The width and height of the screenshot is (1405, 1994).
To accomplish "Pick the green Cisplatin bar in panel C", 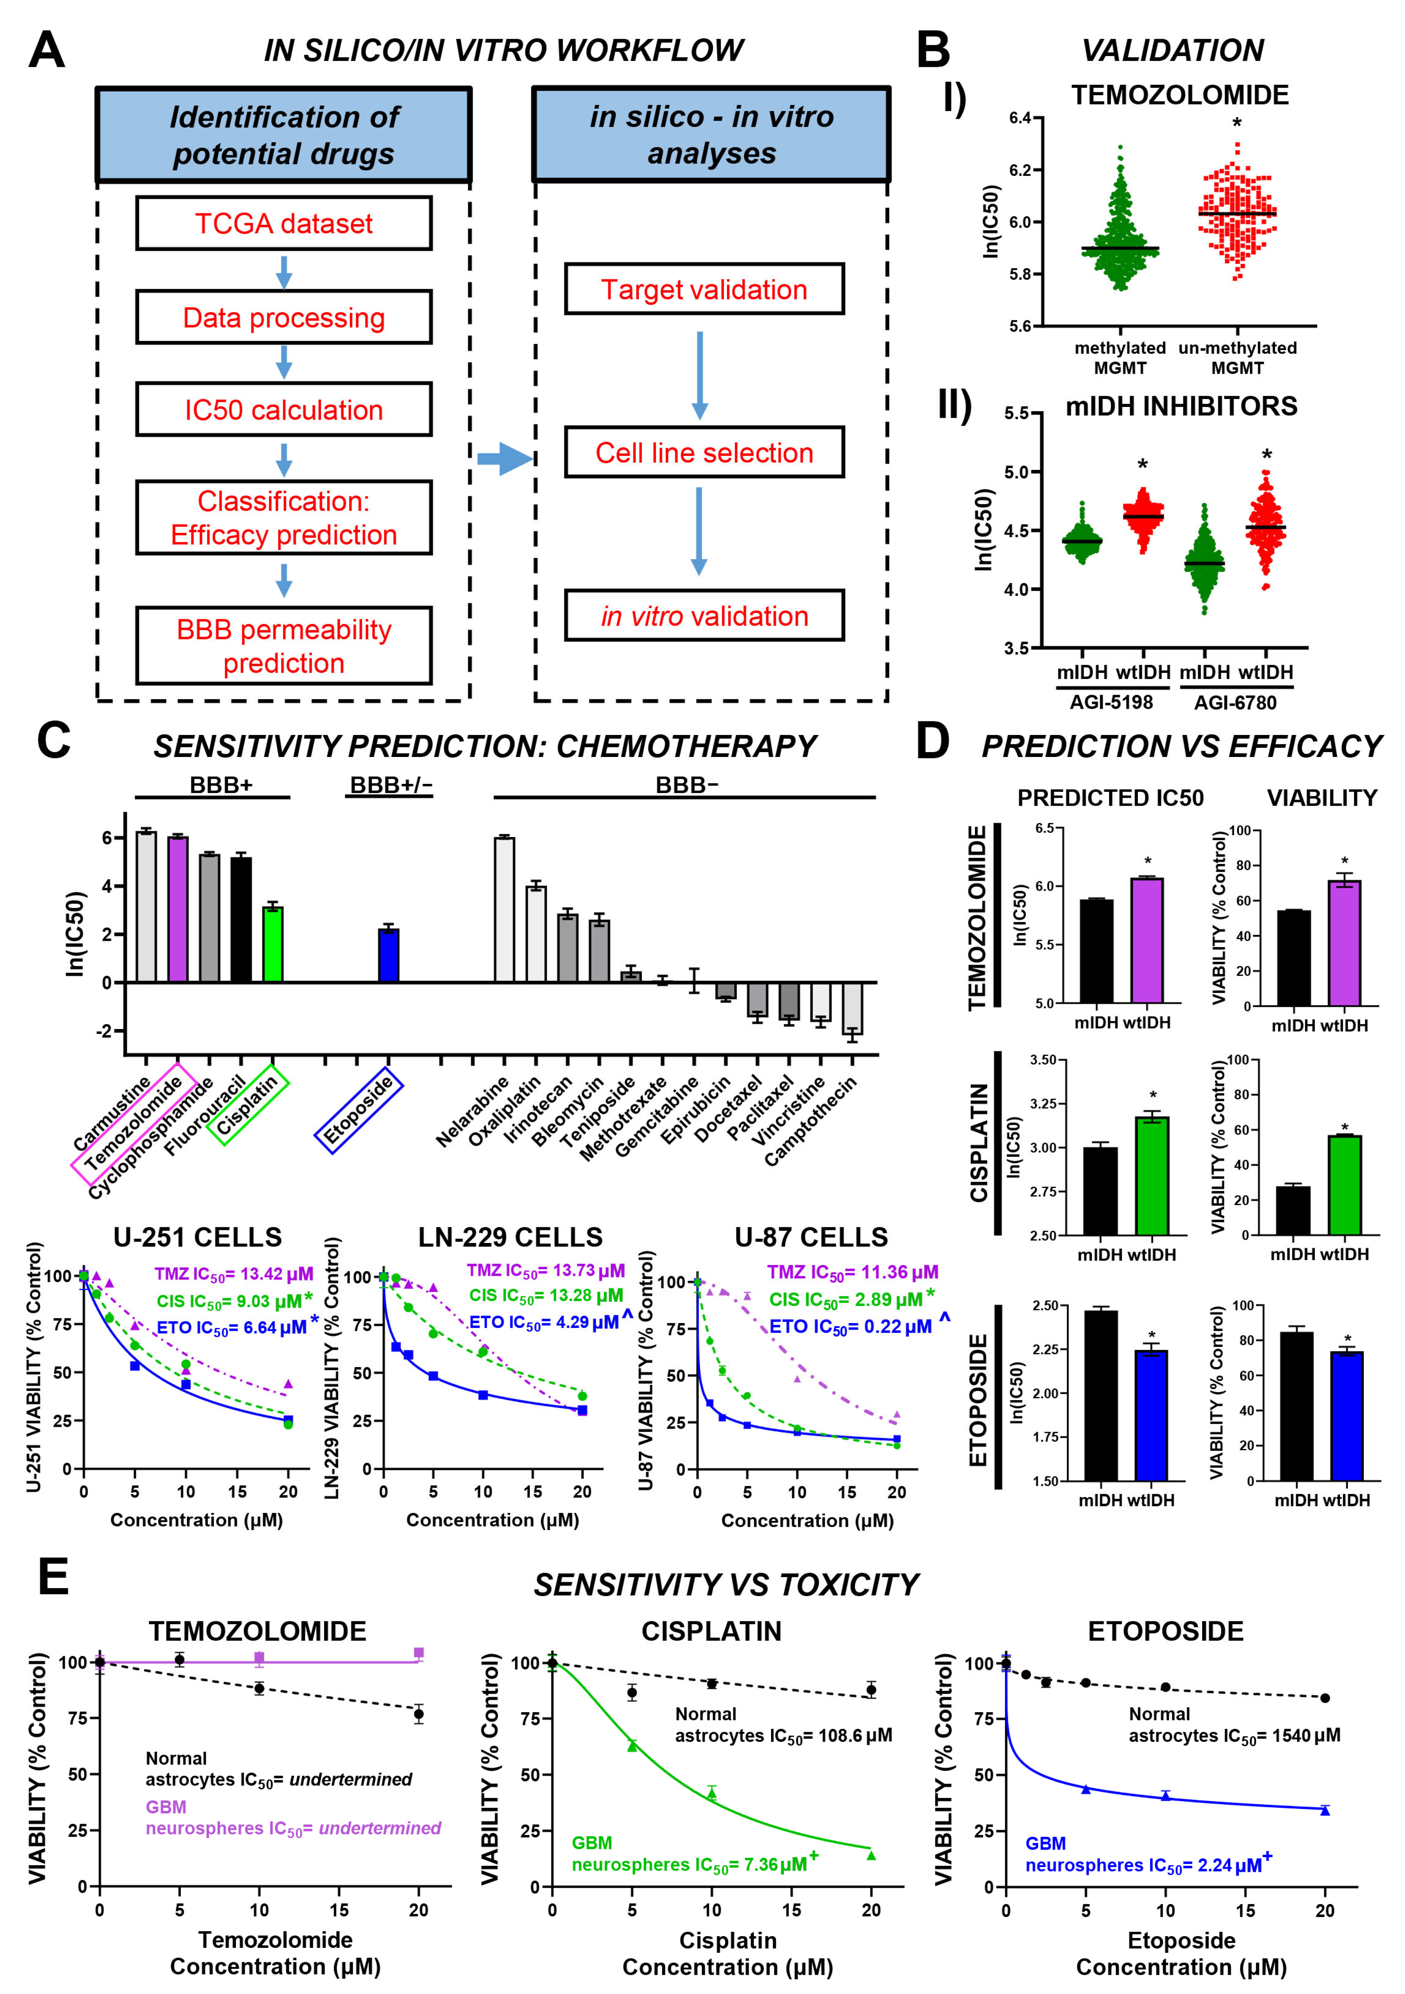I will point(273,944).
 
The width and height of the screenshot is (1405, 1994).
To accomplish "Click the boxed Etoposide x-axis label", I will point(359,1110).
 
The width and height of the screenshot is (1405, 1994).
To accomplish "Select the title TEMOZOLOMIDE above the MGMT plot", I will point(1179,95).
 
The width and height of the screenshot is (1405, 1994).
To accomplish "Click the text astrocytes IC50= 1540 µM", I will point(1234,1735).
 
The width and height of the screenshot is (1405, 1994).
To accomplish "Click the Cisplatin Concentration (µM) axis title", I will point(728,1953).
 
